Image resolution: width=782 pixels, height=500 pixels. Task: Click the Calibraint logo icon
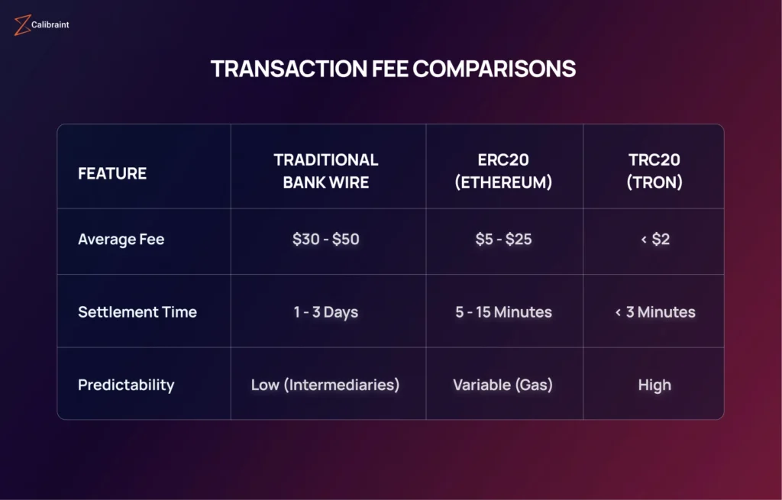coord(22,25)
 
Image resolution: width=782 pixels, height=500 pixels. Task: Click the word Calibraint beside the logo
coord(50,24)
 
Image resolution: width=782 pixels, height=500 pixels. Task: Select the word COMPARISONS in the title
coord(494,69)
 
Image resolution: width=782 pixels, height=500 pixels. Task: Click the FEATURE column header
coord(112,173)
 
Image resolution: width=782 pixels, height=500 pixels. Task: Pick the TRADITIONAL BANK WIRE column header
coord(326,171)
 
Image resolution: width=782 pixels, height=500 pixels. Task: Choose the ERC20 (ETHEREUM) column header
coord(504,171)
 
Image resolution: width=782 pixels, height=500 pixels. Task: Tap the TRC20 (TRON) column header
coord(654,171)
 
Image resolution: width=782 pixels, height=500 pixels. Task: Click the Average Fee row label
coord(121,240)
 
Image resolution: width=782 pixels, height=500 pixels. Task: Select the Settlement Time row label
coord(137,312)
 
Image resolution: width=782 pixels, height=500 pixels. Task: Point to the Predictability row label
coord(126,385)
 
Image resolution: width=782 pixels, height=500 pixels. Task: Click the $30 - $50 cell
coord(326,239)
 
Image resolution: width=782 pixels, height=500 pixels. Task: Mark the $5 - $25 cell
coord(504,239)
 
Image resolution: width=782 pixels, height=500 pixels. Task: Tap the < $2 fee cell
coord(655,239)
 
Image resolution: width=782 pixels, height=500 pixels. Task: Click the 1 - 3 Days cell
coord(326,312)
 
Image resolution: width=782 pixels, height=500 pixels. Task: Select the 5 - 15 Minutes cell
coord(504,312)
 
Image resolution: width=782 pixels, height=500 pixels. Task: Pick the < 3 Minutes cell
coord(655,312)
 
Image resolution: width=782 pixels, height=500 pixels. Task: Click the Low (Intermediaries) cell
coord(325,385)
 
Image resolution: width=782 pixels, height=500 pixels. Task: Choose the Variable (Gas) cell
coord(503,385)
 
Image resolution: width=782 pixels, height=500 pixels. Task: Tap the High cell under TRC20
coord(654,385)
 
